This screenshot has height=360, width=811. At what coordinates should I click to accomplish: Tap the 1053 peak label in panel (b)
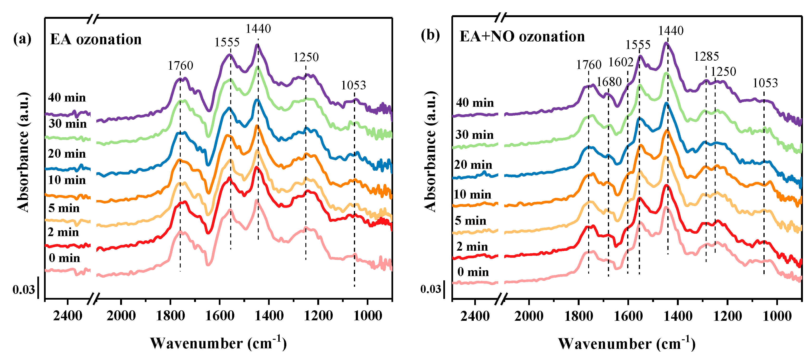click(x=765, y=83)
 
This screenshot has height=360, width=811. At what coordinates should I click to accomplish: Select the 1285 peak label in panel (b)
click(x=707, y=57)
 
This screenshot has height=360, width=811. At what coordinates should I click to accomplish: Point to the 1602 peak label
click(x=620, y=62)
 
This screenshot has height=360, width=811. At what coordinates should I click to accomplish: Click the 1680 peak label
click(x=609, y=82)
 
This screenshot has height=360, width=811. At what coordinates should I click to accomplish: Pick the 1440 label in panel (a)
click(x=258, y=29)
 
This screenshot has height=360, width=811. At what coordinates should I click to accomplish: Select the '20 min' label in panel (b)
click(x=473, y=165)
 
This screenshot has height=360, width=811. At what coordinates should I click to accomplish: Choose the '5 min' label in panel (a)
click(x=64, y=208)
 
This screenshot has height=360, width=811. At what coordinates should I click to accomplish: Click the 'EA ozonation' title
click(x=96, y=40)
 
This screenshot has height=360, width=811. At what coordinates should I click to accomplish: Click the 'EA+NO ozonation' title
click(x=522, y=37)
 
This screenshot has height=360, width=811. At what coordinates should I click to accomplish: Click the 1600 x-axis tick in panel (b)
click(x=628, y=316)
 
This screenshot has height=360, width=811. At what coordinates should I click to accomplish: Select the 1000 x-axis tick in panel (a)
click(x=367, y=316)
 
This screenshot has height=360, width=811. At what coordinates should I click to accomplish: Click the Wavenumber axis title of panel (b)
click(x=626, y=344)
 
